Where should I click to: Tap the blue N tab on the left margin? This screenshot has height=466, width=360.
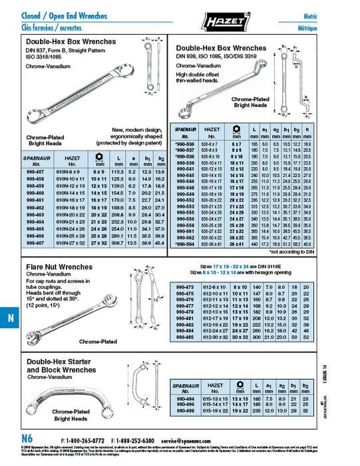[10, 318]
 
